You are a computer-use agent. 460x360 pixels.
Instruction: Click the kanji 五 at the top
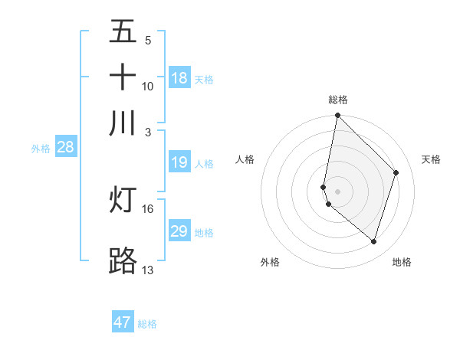coord(123,31)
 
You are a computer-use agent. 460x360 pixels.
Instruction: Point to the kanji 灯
coord(123,199)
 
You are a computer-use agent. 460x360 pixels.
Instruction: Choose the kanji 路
coord(123,260)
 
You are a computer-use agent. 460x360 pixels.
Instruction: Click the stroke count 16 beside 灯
coord(148,208)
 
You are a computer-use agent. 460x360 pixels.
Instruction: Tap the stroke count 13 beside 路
coord(148,270)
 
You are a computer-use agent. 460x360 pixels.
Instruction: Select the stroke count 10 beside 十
coord(148,86)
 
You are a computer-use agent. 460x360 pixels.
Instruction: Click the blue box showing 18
coord(179,78)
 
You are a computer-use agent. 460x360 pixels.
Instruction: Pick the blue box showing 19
coord(179,162)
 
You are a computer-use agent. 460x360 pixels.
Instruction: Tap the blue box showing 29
coord(179,231)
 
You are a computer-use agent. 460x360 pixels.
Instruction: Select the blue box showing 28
coord(65,148)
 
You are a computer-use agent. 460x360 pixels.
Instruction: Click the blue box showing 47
coord(123,322)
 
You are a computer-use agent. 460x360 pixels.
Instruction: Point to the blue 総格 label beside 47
coord(147,324)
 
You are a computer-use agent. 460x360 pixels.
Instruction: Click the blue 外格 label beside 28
coord(41,149)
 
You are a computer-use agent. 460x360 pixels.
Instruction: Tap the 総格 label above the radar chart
coord(338,100)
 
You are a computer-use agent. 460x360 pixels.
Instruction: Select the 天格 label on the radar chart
coord(431,159)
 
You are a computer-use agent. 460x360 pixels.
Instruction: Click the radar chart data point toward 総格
coord(337,116)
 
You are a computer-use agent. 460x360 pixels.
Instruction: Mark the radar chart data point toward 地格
coord(374,242)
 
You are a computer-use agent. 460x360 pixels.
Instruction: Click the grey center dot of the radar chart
coord(337,191)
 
